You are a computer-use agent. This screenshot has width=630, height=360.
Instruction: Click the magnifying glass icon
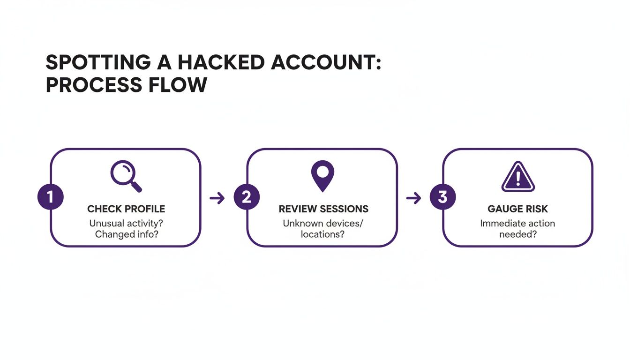pos(125,176)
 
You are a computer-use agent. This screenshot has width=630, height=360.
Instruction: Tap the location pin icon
pos(322,175)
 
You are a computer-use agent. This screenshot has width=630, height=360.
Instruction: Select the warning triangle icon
pos(518,177)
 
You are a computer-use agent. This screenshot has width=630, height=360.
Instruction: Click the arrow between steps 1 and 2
pos(217,198)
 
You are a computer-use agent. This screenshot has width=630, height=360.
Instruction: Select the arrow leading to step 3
pos(413,198)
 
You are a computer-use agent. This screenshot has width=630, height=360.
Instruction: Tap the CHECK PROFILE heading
pos(126,209)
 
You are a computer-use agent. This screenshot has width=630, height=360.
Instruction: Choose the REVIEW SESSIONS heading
pos(323,209)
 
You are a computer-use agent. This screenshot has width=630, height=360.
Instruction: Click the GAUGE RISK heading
pos(517,209)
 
